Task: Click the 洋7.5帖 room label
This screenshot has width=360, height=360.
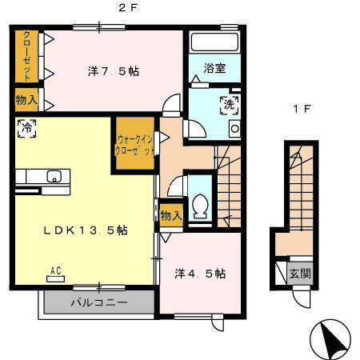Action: coord(113,71)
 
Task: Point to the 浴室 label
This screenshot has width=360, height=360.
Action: coord(214,69)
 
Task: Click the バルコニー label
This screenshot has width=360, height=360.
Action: coord(98,303)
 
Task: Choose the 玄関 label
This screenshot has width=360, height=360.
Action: coord(301,273)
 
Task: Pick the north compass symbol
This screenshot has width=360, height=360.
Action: coord(332,339)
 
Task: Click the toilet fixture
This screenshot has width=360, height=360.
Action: coord(200,206)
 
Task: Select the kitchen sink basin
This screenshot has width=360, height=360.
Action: coord(54,177)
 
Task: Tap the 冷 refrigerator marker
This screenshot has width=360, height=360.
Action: coord(26,127)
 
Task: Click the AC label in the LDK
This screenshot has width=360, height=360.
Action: coord(56,270)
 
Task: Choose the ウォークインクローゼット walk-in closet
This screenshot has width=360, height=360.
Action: coord(135,145)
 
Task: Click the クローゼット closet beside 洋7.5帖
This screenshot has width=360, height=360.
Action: coord(28,56)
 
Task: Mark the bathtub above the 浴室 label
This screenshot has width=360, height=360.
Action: coord(214,43)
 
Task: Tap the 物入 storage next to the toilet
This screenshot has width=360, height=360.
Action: coord(170,214)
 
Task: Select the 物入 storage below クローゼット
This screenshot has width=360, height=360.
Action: coord(26,99)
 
